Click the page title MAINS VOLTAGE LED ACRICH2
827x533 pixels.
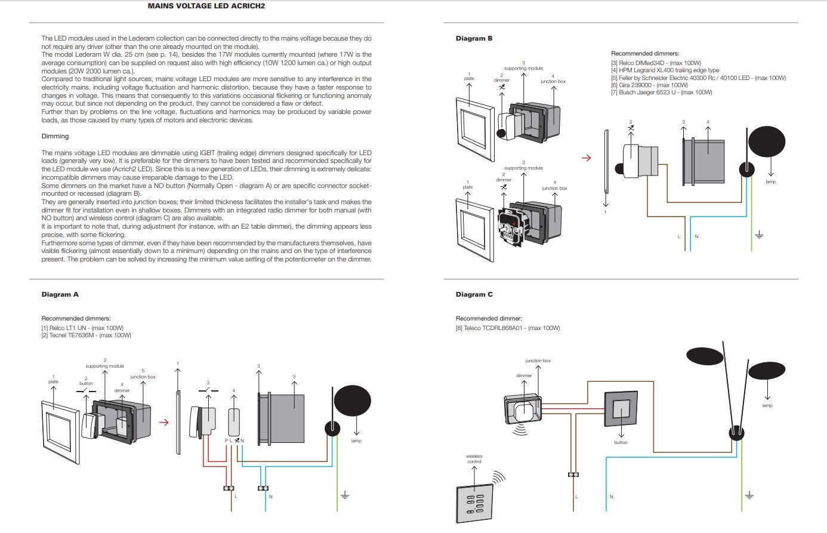206,6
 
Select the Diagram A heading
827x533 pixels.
60,294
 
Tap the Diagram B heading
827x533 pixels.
474,38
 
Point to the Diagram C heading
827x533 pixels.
474,294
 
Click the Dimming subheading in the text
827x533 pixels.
55,136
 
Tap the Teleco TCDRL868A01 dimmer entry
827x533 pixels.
507,328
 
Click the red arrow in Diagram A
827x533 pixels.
164,423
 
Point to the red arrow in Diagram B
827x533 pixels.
586,158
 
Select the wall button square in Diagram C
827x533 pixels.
621,412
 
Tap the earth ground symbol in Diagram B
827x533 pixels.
759,235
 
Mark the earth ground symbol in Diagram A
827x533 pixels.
344,495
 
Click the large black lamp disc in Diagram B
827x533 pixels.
767,141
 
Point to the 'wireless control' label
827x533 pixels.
474,459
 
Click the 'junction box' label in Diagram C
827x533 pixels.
538,361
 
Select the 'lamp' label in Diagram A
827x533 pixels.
356,440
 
